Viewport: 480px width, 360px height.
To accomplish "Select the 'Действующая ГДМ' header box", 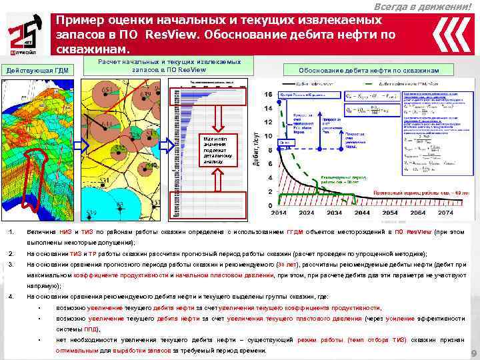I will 36,71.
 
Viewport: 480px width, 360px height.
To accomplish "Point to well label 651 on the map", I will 107,91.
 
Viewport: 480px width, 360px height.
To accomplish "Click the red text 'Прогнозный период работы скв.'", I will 407,191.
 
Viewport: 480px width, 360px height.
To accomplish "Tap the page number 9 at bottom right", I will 473,353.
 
